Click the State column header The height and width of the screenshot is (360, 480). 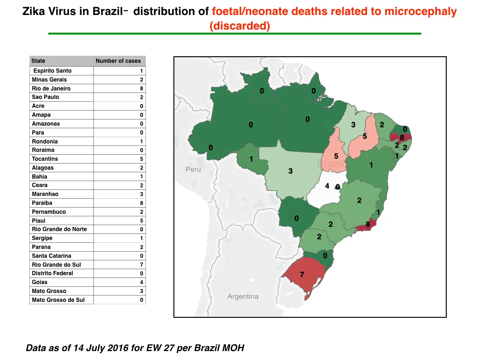[38, 61]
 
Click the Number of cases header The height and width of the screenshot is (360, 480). [118, 61]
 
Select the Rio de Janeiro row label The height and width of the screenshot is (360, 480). [51, 89]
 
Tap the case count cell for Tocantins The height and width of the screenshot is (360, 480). [142, 159]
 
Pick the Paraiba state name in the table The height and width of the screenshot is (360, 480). [42, 203]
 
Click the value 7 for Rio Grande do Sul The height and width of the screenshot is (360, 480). [142, 265]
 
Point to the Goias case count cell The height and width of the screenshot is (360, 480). [142, 282]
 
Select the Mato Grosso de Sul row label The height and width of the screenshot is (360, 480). [58, 300]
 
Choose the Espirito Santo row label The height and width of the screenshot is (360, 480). [52, 71]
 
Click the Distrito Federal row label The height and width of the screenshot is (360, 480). [52, 273]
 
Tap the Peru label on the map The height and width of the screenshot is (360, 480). [193, 170]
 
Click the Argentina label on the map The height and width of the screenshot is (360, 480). [243, 296]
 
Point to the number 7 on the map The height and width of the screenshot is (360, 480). [302, 275]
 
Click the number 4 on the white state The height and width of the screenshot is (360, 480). [327, 186]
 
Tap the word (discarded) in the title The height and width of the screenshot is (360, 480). [240, 26]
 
